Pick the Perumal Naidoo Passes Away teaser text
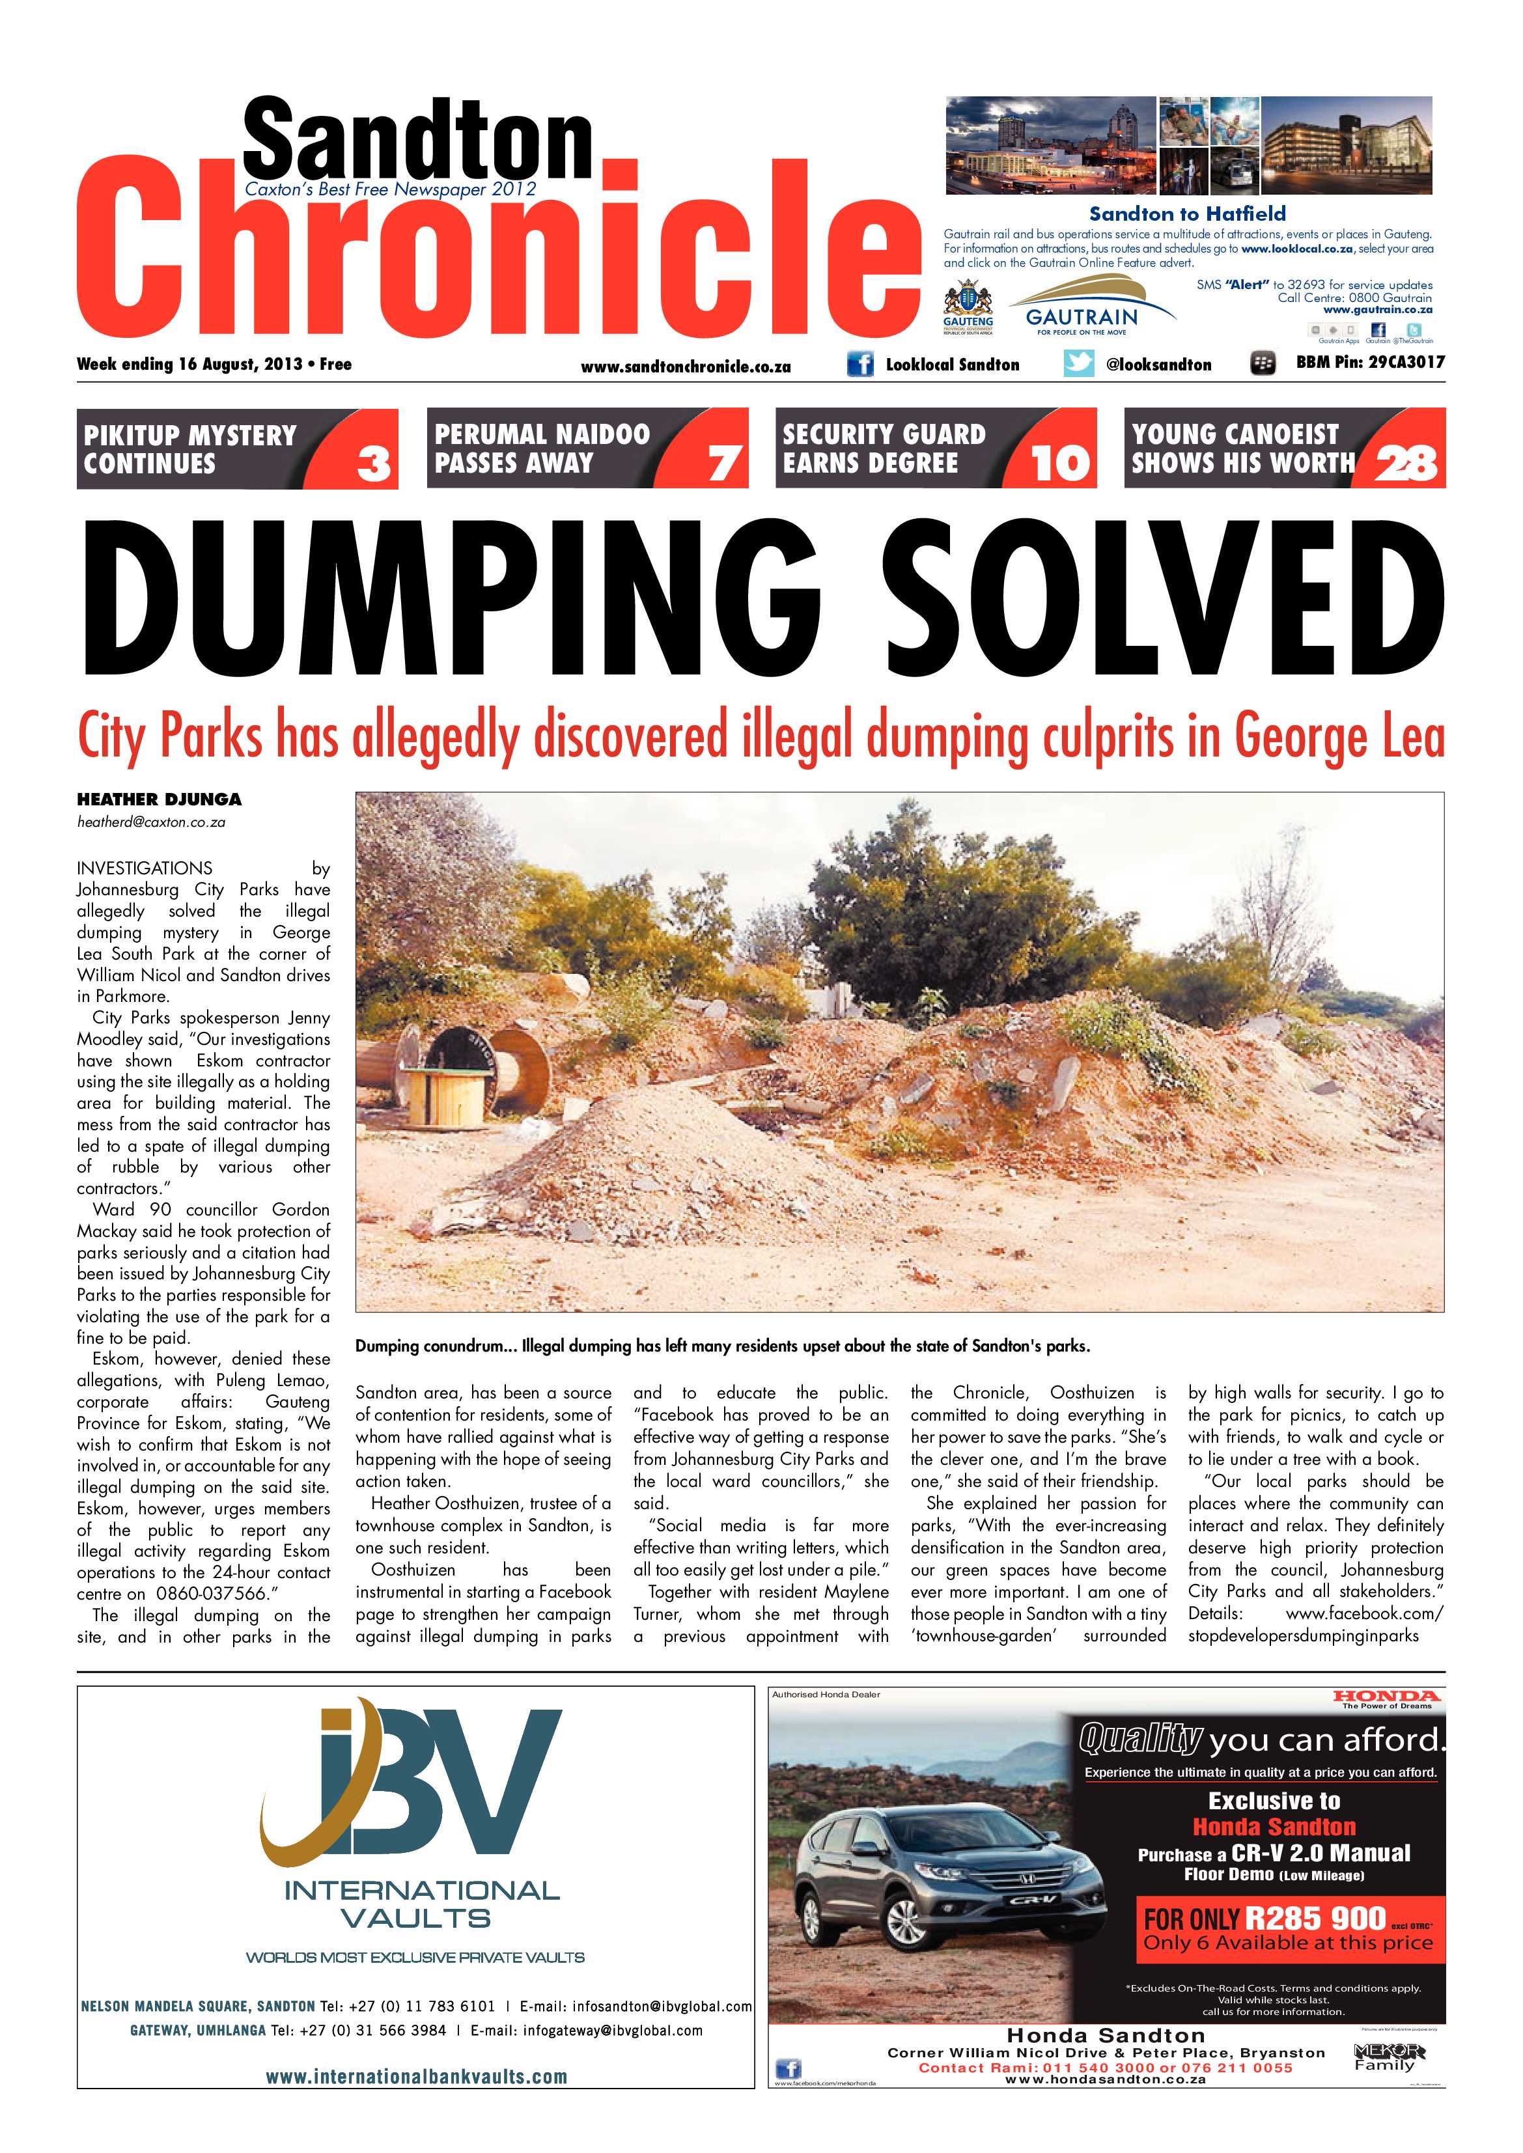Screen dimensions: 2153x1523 pos(541,448)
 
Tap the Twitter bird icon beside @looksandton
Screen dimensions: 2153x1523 pos(1078,364)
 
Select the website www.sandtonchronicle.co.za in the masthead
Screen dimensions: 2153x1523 pos(686,367)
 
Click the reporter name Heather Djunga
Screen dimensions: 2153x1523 pos(160,799)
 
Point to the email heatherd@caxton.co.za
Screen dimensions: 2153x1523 pos(151,822)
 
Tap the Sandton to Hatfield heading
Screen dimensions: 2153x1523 pos(1186,214)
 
